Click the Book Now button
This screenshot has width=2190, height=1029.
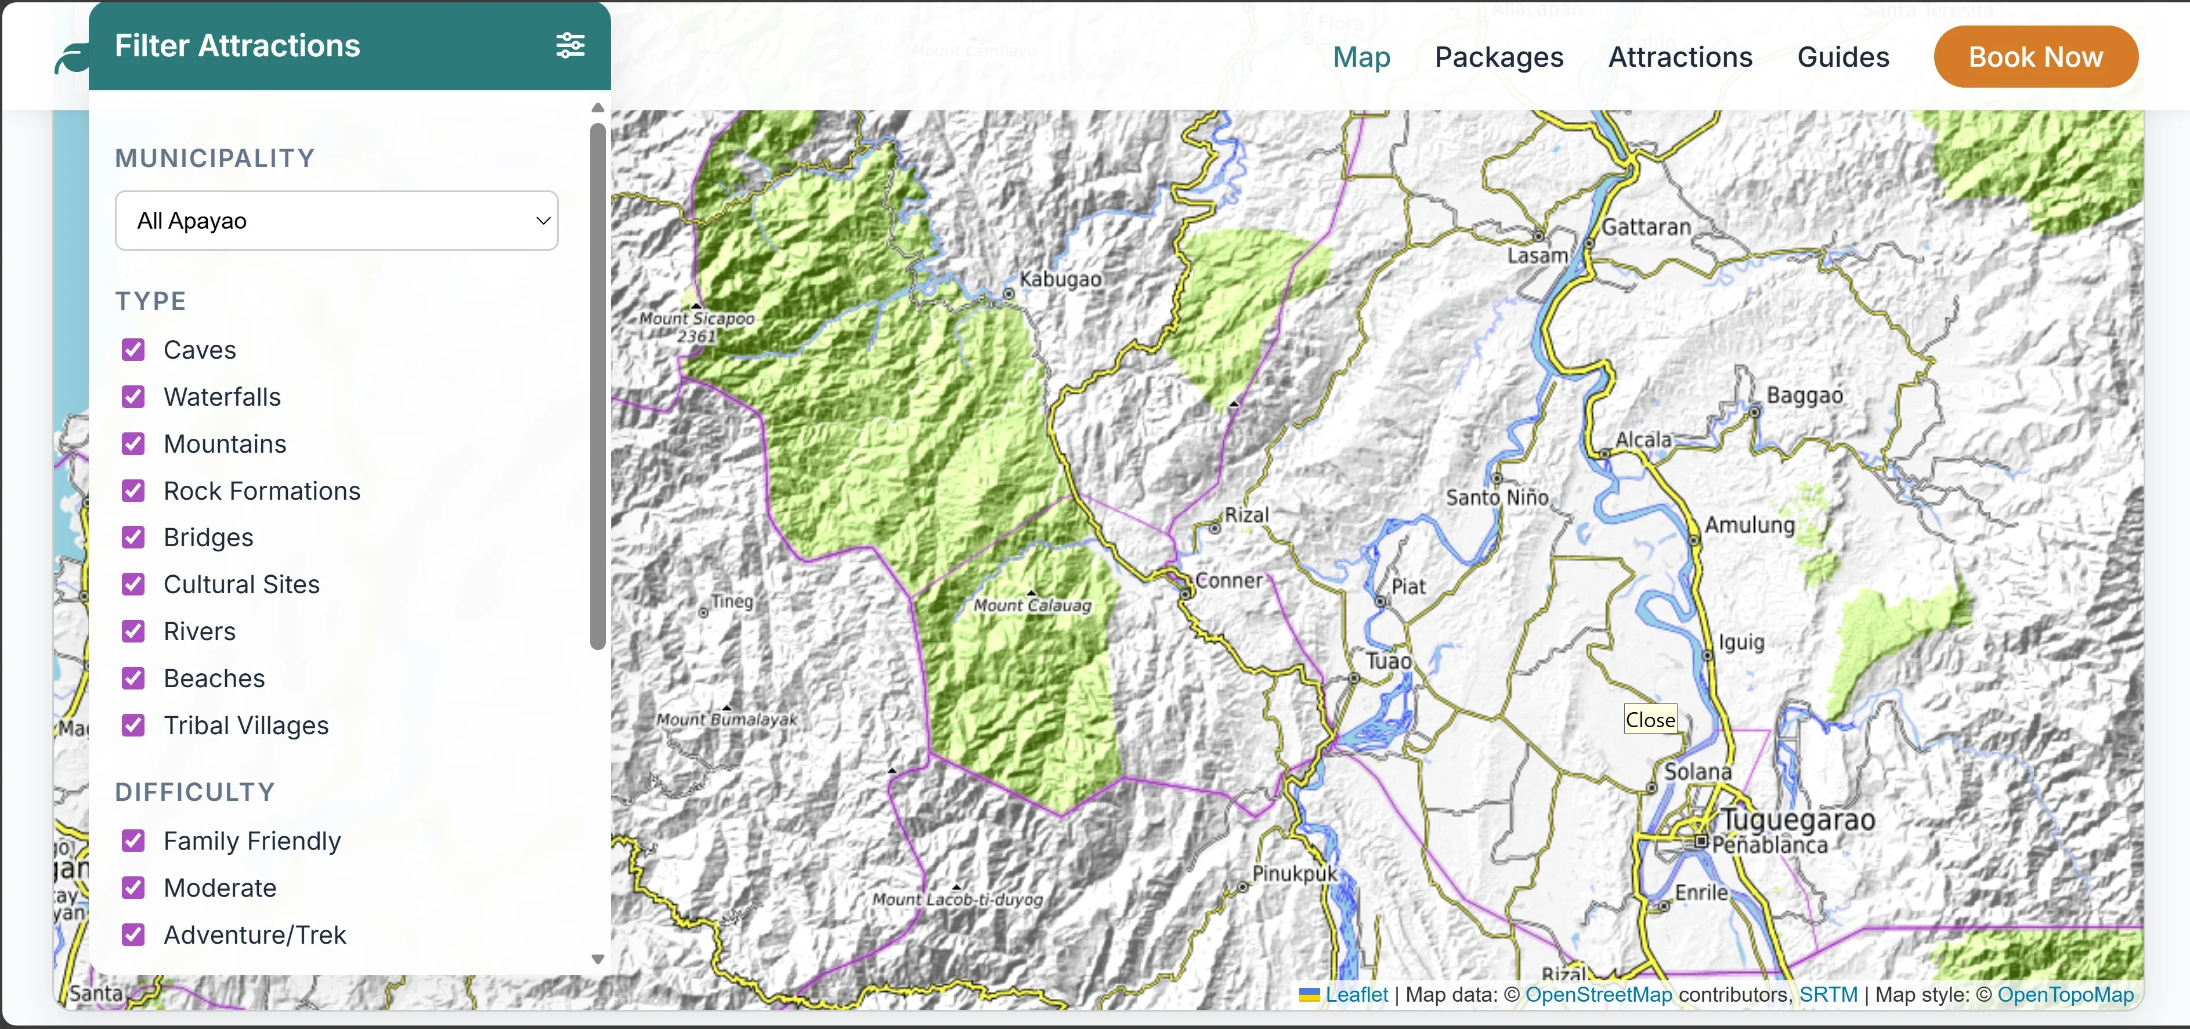pos(2034,57)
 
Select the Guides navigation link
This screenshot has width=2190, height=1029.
pos(1842,57)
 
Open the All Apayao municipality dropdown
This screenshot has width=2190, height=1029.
pos(336,221)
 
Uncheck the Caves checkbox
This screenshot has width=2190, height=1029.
pos(133,349)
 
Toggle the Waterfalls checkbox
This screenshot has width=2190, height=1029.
pos(133,397)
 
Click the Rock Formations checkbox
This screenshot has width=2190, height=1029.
pos(133,490)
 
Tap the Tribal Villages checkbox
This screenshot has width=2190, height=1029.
pos(133,725)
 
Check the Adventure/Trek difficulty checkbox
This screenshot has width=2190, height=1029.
pos(133,934)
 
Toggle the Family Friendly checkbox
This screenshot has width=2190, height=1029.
pos(133,841)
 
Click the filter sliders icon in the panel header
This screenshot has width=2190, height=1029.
pos(570,45)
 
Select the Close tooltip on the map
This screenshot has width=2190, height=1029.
pos(1649,720)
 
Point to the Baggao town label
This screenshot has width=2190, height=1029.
pos(1804,395)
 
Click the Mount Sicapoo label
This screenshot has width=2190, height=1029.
pos(696,319)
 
